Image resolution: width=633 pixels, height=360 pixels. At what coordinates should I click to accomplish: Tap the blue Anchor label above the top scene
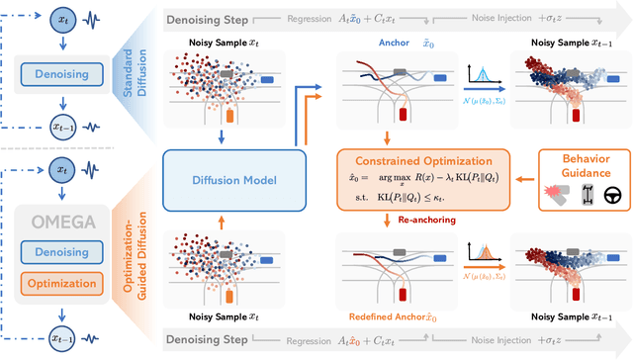coord(394,43)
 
